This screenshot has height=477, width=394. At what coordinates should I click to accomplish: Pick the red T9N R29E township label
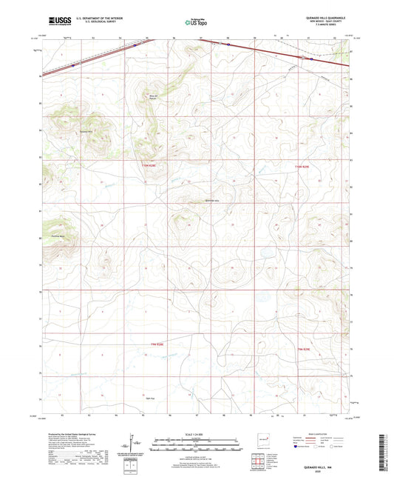click(x=307, y=347)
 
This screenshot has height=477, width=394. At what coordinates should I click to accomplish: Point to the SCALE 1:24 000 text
click(x=196, y=434)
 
